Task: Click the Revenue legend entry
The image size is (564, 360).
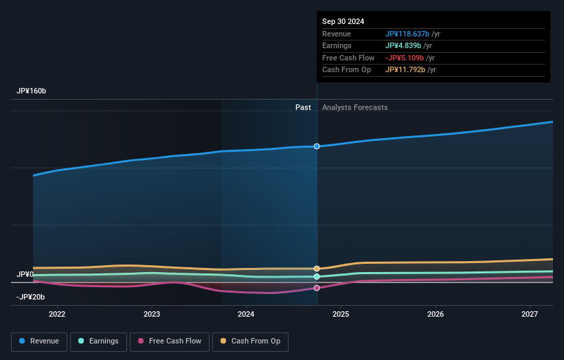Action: pos(39,341)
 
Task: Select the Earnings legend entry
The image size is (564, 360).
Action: pos(98,341)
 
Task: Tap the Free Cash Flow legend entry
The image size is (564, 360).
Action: pos(170,341)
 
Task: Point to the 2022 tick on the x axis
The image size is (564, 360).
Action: pos(57,314)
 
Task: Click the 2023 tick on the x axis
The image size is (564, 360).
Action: pos(152,314)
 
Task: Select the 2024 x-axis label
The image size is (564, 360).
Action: pos(246,314)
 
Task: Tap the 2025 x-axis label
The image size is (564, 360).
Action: pos(341,314)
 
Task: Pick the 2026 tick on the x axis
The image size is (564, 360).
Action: pos(435,314)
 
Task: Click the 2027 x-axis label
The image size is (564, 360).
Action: pos(530,314)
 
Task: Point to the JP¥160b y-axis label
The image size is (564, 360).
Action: pos(32,91)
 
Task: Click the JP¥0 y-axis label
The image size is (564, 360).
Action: pos(25,274)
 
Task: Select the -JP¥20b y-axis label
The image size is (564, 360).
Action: pos(31,297)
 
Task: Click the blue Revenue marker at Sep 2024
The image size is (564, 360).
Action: pos(317,146)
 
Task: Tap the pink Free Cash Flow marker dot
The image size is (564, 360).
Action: pos(317,288)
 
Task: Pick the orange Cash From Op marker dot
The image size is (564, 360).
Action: pos(317,269)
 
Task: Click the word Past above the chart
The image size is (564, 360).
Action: pos(303,107)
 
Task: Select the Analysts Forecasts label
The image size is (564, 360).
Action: pos(354,107)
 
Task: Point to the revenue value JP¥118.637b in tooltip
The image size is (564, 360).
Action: pos(407,34)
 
